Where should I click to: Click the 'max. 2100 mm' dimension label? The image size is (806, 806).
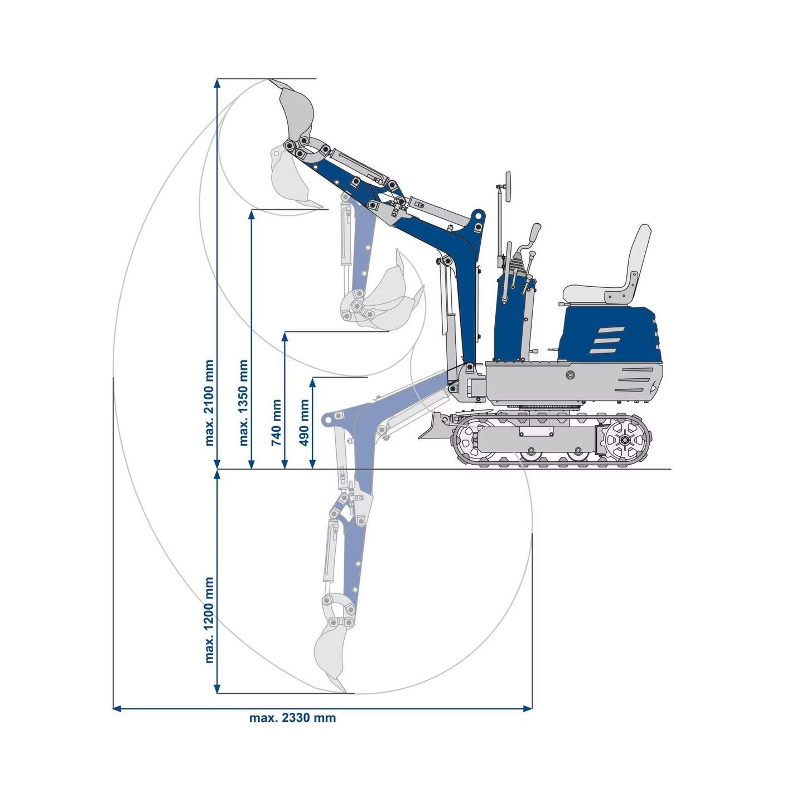(x=209, y=403)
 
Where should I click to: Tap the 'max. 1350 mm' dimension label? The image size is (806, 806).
(x=243, y=403)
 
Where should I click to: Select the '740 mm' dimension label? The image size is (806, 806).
(x=277, y=422)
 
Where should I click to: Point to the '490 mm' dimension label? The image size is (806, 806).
(x=305, y=422)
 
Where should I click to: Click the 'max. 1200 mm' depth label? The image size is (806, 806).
(x=209, y=620)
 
